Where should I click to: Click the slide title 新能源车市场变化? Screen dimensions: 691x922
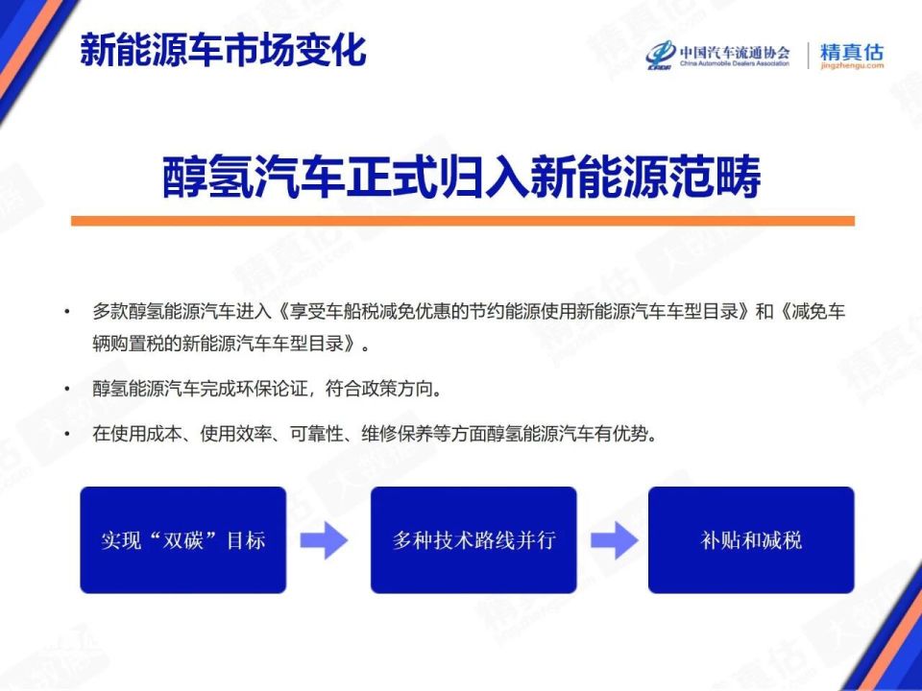point(223,50)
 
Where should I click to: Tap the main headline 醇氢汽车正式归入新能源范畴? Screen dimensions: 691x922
point(462,178)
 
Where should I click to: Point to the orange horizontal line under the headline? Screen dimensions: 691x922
point(462,221)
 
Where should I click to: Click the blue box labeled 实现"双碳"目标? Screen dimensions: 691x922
point(182,539)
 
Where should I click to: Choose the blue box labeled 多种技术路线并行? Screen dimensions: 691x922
point(473,539)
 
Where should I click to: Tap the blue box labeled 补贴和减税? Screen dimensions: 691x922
point(751,539)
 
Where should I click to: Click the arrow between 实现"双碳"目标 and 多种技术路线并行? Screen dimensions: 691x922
point(324,540)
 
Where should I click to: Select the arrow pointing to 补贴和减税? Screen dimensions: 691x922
point(614,540)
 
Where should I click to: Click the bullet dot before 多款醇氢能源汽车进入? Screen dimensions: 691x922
point(67,313)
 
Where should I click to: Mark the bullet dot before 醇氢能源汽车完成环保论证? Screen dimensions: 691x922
point(67,390)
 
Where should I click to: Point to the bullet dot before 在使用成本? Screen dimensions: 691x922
point(67,435)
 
